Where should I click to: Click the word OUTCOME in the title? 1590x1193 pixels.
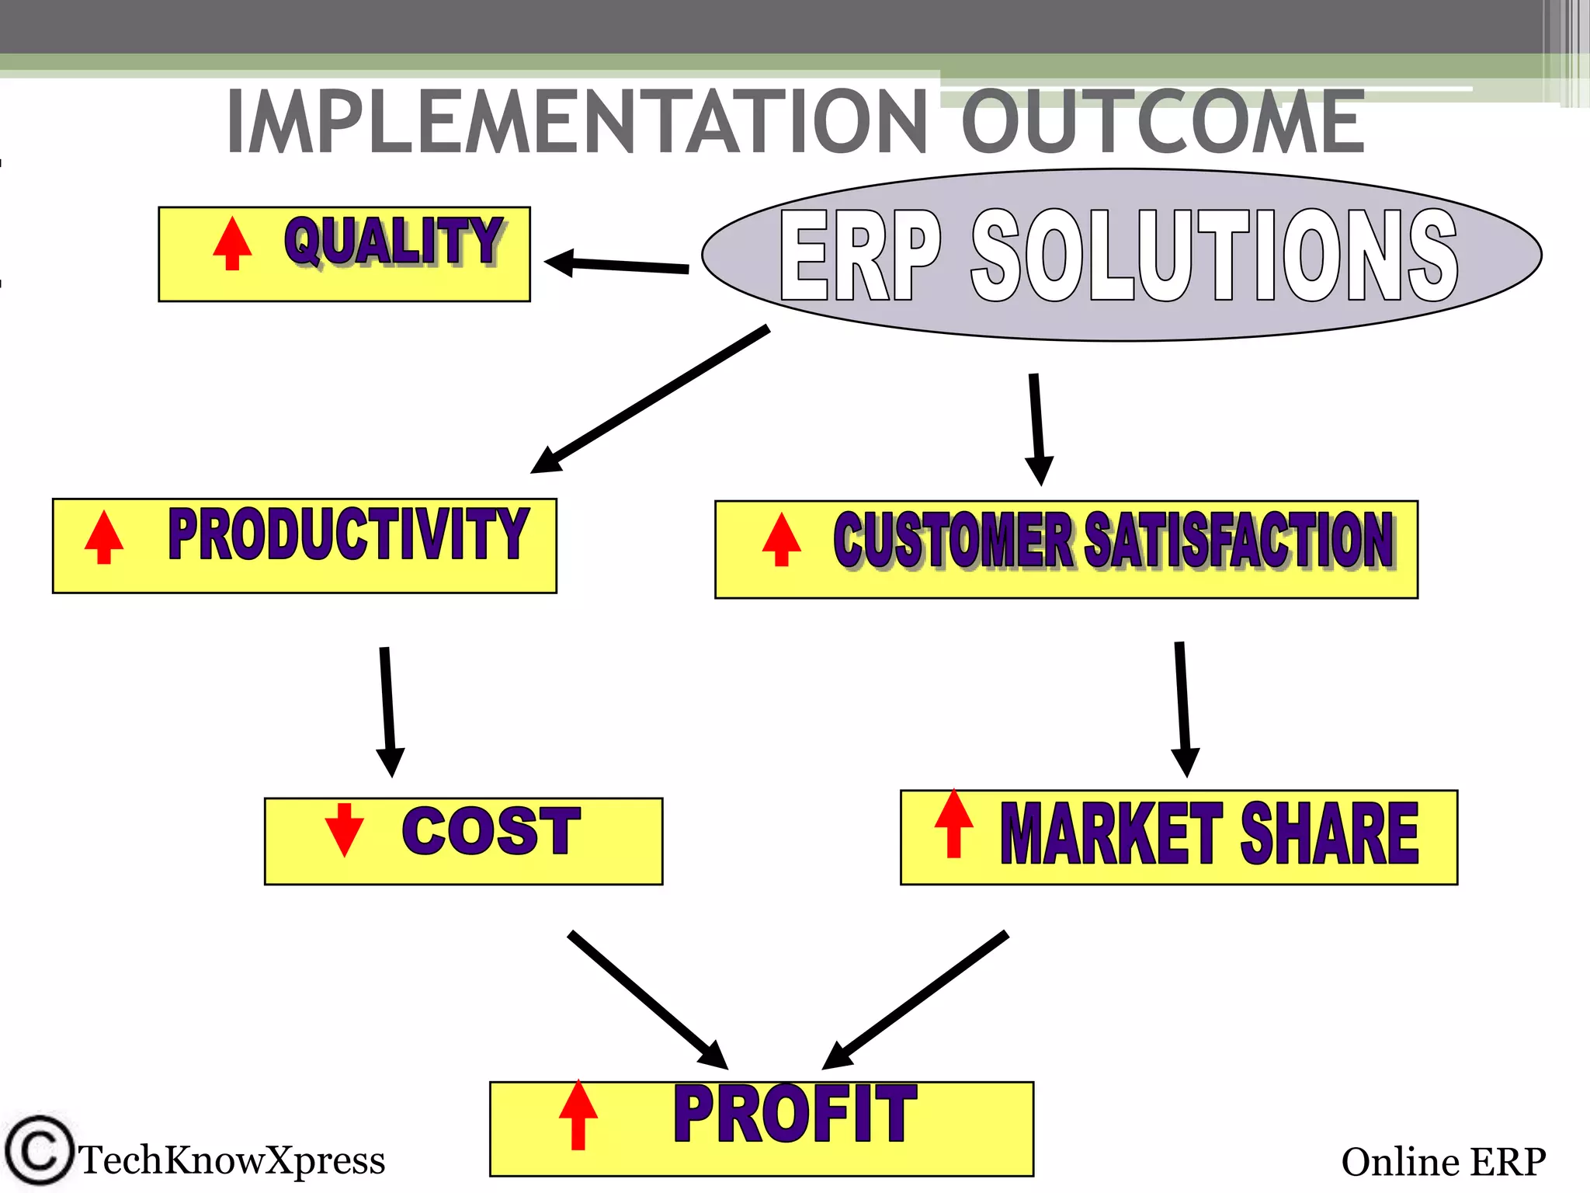tap(1162, 122)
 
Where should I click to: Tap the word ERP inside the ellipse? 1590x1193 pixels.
tap(859, 256)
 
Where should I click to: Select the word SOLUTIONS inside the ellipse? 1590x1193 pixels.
tap(1213, 256)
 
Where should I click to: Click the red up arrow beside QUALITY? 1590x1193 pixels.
tap(232, 242)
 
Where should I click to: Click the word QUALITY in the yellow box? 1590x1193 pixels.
tap(394, 241)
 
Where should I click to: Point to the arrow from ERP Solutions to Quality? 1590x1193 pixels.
tap(617, 264)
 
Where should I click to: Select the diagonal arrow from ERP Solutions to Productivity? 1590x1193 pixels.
tap(651, 399)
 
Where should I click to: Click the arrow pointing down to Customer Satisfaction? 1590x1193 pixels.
tap(1037, 430)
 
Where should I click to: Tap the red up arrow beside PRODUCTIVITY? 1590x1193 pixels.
tap(104, 537)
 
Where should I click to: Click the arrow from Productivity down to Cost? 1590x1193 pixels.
tap(387, 711)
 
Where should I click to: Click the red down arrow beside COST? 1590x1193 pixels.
tap(344, 830)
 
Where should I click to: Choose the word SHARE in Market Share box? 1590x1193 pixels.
tap(1329, 833)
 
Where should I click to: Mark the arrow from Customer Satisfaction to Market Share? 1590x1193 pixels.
tap(1183, 708)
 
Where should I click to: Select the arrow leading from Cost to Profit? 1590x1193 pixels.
tap(647, 999)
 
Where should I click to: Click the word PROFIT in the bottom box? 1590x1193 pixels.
tap(794, 1115)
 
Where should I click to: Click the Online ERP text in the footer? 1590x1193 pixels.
tap(1442, 1163)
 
